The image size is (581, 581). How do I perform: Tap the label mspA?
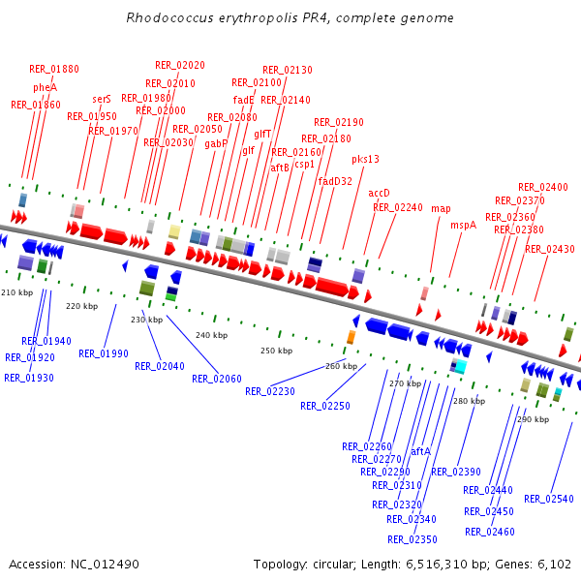point(463,225)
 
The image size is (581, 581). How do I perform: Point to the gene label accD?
point(379,193)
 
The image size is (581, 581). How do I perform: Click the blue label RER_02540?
point(549,499)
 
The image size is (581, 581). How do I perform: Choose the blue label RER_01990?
point(104,353)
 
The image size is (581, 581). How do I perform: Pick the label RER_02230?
point(270,391)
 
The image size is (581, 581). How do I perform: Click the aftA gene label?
point(420,451)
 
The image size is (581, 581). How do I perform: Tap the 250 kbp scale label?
point(276,350)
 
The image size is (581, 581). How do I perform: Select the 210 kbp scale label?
point(16,291)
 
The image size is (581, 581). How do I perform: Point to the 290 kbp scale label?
point(533,419)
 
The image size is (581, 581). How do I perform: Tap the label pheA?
point(46,87)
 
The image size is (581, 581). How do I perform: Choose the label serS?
point(102,99)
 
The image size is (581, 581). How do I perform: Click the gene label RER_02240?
point(398,207)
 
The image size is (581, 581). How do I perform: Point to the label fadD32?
point(335,181)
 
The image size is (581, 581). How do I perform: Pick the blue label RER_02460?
point(489,532)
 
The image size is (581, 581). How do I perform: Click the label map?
point(441,208)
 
